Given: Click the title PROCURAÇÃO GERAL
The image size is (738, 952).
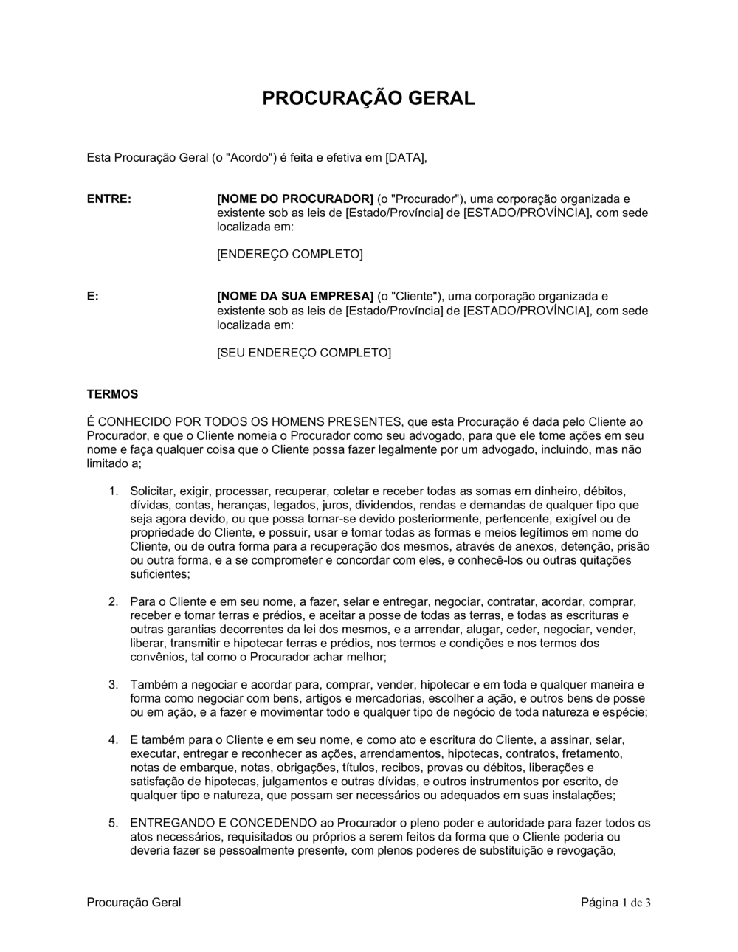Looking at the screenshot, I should tap(369, 98).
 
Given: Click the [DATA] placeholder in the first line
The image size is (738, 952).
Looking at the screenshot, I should tap(406, 157).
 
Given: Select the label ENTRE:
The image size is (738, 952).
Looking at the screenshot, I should tap(109, 199).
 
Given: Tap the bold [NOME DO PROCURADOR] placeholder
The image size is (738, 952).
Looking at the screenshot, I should tap(295, 199).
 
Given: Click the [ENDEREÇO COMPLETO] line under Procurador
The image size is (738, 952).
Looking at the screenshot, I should tap(289, 255).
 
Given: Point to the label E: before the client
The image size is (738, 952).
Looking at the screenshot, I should tap(93, 297).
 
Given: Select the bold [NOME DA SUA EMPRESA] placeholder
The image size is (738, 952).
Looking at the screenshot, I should tap(295, 297).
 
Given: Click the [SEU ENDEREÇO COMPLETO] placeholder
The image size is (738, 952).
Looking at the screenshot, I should tap(303, 353).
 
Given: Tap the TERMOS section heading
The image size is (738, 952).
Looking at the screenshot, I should tap(112, 395).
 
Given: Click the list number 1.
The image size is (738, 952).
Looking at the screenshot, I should tap(113, 491).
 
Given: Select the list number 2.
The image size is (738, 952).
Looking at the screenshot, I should tap(113, 601).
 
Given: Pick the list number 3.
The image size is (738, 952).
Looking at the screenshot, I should tap(113, 685).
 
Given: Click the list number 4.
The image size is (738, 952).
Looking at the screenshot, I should tap(113, 739).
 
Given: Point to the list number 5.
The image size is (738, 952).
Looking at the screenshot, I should tap(113, 823).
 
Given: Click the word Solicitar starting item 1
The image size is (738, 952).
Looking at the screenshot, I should tap(153, 491).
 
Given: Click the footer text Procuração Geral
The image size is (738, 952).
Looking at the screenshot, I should tap(134, 903).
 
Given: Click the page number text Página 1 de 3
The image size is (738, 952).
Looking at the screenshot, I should tap(615, 903).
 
